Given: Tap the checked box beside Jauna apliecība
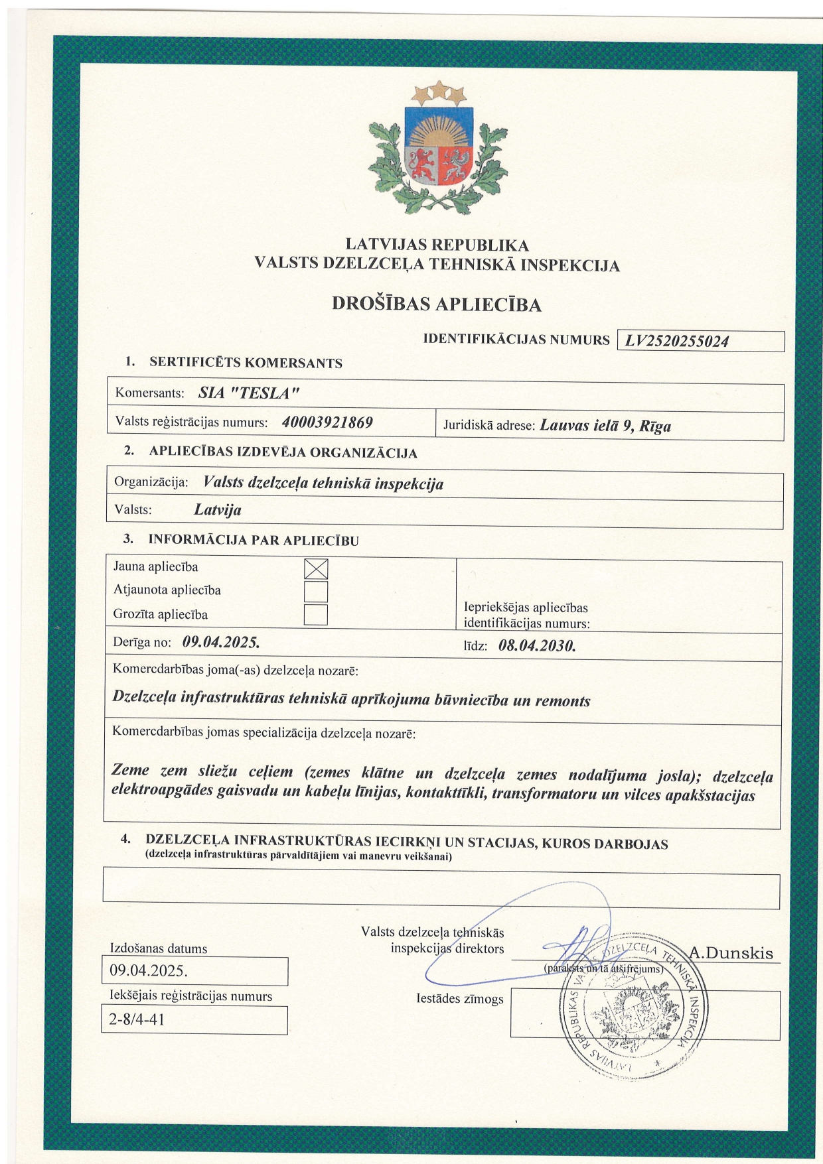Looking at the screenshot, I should (x=316, y=569).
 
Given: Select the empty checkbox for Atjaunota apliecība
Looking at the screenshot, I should (x=316, y=591).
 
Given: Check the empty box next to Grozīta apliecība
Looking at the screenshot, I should (x=316, y=614).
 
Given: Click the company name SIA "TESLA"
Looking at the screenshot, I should (x=249, y=393).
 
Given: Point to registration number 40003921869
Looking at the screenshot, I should (x=327, y=422).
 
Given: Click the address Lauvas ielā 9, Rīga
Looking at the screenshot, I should (x=605, y=425).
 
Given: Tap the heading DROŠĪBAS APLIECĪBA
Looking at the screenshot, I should (x=436, y=304).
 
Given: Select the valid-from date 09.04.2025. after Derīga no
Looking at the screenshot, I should (x=220, y=642).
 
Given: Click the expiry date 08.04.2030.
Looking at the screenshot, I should (x=536, y=645).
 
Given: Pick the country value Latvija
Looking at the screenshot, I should (x=218, y=510).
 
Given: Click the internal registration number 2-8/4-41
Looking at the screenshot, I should (x=137, y=1019).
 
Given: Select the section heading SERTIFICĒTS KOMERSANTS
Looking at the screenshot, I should (x=246, y=363).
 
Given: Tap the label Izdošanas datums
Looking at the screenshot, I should (x=159, y=948).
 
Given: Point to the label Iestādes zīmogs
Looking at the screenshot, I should (x=460, y=998).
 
